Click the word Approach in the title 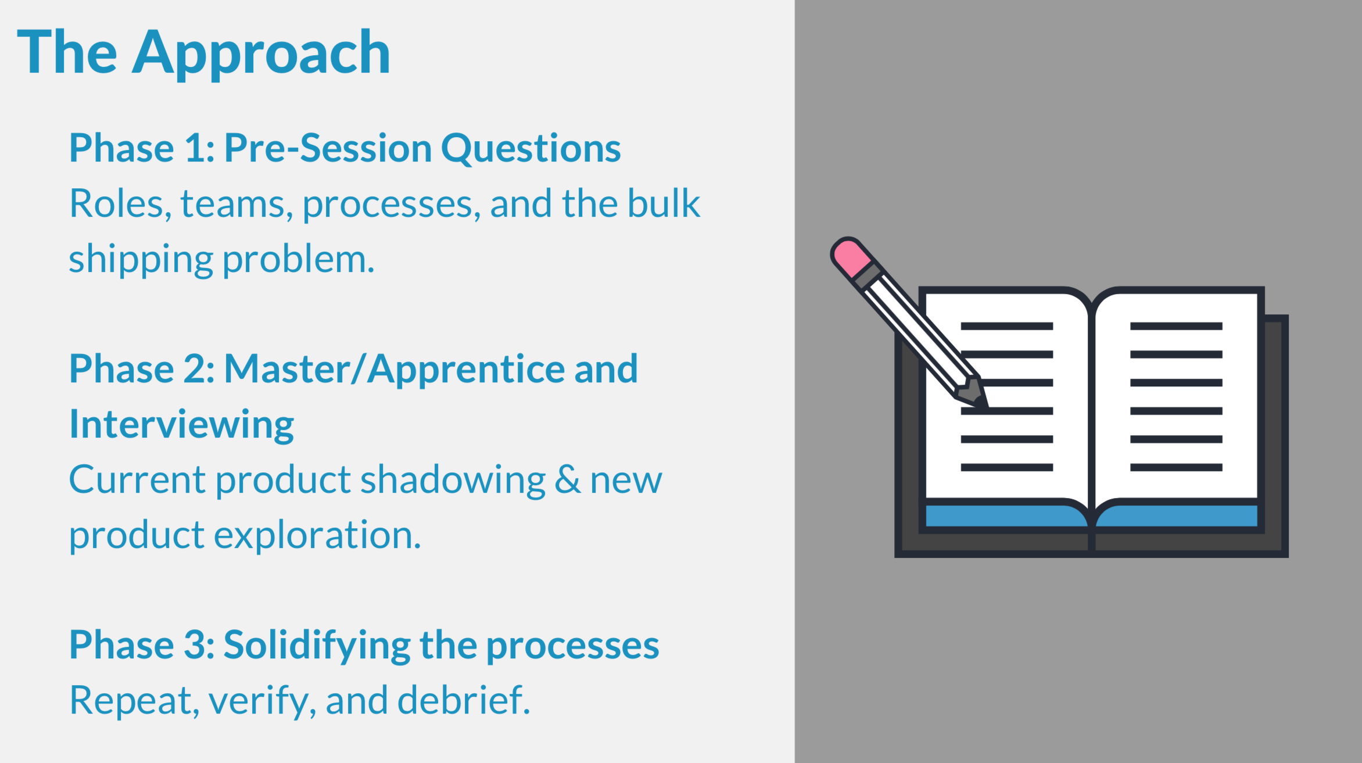tap(261, 53)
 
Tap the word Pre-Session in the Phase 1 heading tap(328, 148)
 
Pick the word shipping tap(141, 260)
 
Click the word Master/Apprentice tap(395, 369)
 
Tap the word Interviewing tap(181, 425)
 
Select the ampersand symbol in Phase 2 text tap(567, 480)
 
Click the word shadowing tap(453, 481)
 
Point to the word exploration tap(317, 535)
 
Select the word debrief tap(463, 700)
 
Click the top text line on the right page tap(1176, 326)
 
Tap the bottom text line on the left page tap(1007, 467)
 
